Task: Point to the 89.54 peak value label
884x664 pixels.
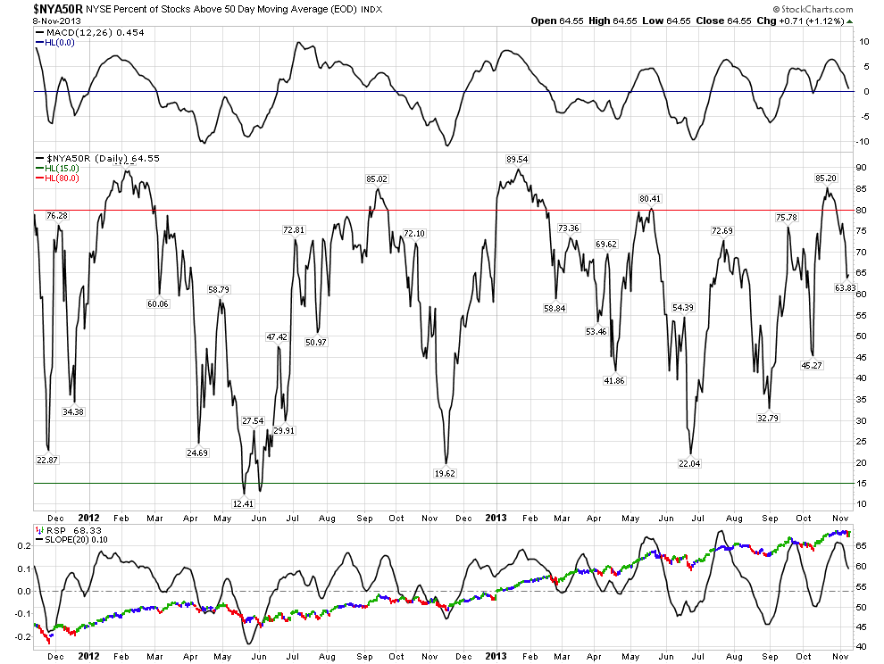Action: tap(518, 159)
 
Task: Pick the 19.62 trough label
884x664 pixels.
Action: tap(444, 474)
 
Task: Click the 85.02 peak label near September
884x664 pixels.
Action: tap(377, 178)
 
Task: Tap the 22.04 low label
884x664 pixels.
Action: tap(690, 464)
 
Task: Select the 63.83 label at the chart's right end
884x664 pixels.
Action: tap(846, 287)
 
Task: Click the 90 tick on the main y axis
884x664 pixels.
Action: tap(863, 168)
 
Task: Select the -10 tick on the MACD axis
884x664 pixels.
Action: tap(863, 141)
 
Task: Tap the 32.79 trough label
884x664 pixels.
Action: tap(768, 417)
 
